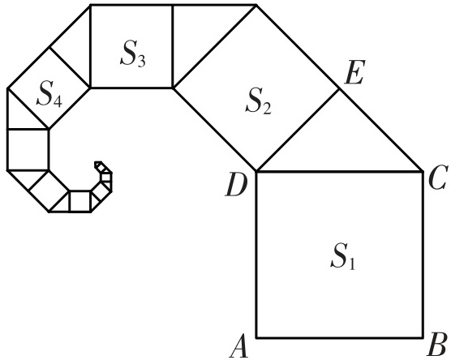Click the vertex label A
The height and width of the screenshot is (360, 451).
239,346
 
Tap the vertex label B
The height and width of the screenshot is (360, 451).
437,345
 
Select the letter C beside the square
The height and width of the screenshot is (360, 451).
438,177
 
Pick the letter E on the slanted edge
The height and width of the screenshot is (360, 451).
354,72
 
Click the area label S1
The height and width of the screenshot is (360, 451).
343,256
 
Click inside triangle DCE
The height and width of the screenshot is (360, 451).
339,144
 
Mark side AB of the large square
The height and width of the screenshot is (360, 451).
340,337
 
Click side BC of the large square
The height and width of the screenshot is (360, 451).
423,255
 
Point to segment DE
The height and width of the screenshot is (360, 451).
298,131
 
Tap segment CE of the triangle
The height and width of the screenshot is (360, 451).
381,131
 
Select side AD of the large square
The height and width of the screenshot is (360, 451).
256,255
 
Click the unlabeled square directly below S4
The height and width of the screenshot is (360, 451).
28,150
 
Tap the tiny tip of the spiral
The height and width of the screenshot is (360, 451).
98,164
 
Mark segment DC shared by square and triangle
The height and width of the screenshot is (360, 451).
340,172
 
